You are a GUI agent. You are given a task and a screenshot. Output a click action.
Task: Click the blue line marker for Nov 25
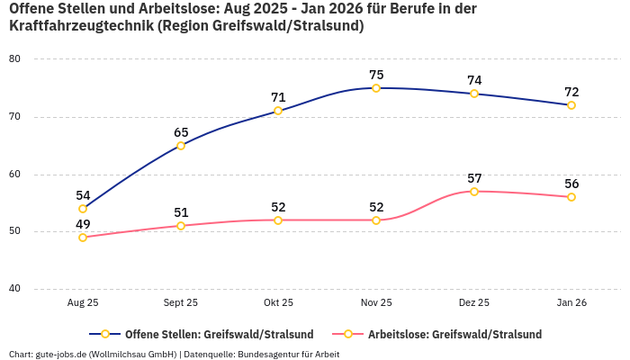pos(376,88)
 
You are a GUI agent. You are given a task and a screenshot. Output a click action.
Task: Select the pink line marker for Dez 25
pos(474,192)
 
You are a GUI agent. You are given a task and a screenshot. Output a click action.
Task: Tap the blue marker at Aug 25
pos(83,209)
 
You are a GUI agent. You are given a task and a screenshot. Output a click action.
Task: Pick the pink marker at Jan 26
pos(571,197)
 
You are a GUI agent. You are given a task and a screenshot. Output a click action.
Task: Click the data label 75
pos(376,75)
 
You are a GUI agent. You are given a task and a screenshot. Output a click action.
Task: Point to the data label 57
pos(474,178)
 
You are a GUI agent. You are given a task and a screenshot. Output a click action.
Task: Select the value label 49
pos(83,224)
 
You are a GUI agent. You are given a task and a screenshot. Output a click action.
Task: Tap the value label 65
pos(181,132)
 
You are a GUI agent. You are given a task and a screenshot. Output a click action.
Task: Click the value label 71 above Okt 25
pos(278,97)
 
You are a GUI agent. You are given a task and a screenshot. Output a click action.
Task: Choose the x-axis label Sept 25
pos(181,303)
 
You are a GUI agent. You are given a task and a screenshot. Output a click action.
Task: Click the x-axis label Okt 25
pos(278,303)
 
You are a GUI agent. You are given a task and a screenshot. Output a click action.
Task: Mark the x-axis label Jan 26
pos(571,303)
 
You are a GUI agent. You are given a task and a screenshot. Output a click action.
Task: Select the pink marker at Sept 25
pos(181,226)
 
